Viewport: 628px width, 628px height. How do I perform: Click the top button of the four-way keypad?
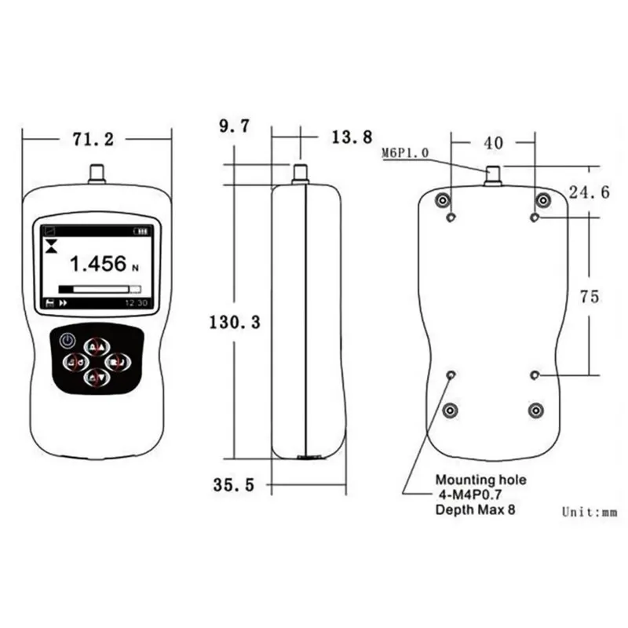click(96, 346)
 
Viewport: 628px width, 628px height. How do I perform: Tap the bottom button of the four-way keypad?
click(96, 378)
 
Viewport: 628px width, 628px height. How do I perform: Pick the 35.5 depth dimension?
click(233, 485)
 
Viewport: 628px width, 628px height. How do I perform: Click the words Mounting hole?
click(481, 480)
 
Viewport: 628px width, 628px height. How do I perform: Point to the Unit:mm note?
click(590, 512)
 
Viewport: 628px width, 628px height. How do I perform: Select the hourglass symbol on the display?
click(52, 246)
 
